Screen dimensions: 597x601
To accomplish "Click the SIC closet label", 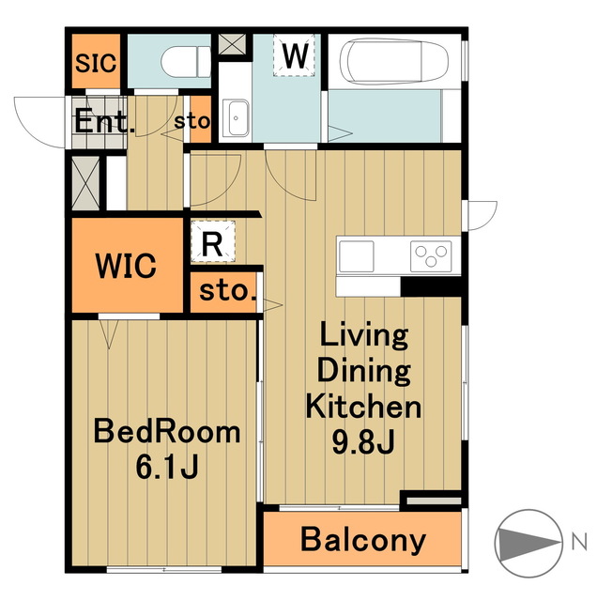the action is click(96, 63).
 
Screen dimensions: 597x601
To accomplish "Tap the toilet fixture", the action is click(186, 62).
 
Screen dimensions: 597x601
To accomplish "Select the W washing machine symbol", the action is click(295, 55).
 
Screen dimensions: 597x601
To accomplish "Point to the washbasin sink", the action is click(236, 118).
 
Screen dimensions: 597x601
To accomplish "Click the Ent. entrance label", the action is click(104, 121).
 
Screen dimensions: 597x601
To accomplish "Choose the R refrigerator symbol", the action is click(213, 241).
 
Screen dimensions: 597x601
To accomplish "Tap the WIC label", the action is click(126, 265).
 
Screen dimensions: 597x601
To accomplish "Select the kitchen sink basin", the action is click(357, 256).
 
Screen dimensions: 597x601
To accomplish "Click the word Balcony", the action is click(363, 540).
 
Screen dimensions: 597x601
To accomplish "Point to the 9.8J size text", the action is click(363, 441).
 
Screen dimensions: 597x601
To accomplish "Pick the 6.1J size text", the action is click(167, 467).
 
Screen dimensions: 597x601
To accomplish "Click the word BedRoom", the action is click(167, 432).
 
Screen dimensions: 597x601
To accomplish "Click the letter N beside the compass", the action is click(579, 543).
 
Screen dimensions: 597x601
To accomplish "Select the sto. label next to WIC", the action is click(227, 291).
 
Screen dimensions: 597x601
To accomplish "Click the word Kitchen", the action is click(363, 406).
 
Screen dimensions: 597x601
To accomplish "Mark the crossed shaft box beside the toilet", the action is click(232, 44).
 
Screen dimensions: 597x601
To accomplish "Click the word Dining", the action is click(364, 371).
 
